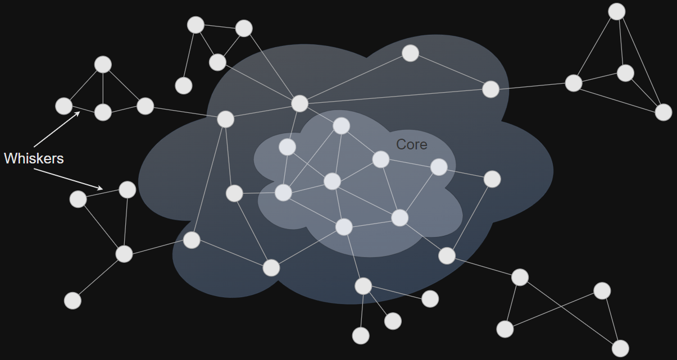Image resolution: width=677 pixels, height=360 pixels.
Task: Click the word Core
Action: coord(411,144)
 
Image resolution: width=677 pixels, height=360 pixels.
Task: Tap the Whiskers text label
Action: coord(34,158)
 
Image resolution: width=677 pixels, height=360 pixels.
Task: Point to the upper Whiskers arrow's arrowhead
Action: coord(79,112)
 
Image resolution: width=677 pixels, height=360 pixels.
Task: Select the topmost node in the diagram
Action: coord(617,11)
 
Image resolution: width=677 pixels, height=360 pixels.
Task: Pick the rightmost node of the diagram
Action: coord(664,112)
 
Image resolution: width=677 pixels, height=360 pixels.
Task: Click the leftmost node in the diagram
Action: coord(64,106)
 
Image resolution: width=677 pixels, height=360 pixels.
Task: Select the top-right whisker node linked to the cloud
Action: coord(574,83)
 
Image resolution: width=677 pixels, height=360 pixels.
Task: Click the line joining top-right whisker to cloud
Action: coord(532,86)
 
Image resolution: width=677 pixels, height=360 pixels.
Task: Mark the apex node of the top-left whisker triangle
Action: coord(103,65)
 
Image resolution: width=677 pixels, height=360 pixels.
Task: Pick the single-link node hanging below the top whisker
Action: coord(184,85)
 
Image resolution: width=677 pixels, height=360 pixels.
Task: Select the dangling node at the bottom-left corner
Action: coord(72,300)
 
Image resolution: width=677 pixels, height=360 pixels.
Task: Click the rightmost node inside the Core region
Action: coord(439,167)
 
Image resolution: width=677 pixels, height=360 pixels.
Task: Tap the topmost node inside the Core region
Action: coord(342,126)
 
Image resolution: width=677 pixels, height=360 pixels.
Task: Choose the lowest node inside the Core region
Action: coord(344,227)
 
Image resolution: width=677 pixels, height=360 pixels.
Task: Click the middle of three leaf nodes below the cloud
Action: coord(393,321)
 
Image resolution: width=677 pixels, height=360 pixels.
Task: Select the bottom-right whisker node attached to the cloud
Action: coord(520,277)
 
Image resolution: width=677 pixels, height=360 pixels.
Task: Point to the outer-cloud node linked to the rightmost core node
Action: coord(492,179)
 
